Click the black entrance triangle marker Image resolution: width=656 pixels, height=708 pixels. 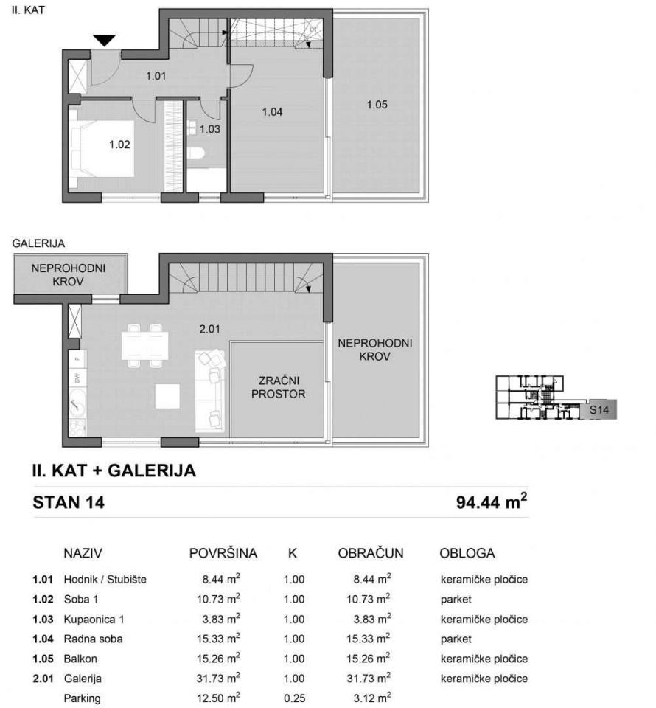tap(105, 41)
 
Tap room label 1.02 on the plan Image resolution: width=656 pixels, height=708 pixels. tap(119, 145)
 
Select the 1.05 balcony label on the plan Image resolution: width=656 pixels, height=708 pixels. tap(377, 104)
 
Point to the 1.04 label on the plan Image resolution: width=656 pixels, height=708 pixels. tap(273, 112)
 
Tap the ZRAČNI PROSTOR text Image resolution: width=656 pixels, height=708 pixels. tap(277, 387)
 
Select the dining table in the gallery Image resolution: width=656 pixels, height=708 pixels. tap(144, 344)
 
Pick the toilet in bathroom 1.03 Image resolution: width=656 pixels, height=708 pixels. tap(195, 153)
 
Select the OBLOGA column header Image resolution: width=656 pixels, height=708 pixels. tap(467, 553)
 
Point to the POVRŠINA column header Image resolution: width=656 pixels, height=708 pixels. tap(223, 553)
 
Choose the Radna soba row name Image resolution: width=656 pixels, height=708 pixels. tap(92, 639)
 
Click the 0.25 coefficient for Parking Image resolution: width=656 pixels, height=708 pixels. tap(293, 698)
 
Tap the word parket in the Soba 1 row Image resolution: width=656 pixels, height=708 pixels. tap(456, 599)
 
